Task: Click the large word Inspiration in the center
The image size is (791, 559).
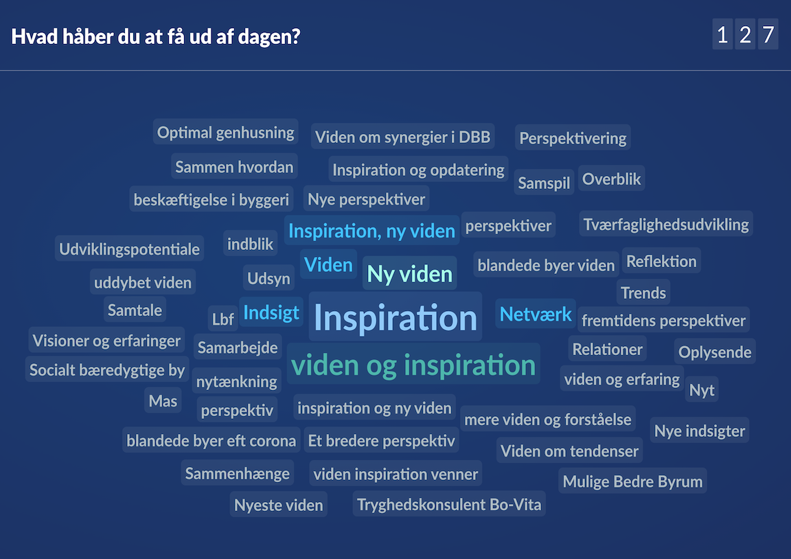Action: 395,317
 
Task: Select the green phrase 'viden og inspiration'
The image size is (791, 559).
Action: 413,365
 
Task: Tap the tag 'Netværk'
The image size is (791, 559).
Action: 536,314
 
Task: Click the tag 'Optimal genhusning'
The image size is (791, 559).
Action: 225,132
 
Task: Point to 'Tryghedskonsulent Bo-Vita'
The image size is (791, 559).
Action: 449,505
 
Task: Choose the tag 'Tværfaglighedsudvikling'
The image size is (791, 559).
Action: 666,224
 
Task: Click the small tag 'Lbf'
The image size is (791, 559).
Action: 223,319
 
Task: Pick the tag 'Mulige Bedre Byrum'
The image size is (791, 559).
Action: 632,481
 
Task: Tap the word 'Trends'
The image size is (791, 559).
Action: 643,293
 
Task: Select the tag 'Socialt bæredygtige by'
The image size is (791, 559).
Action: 107,370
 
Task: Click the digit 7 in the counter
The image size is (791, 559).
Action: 768,34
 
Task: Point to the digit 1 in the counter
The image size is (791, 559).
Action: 722,34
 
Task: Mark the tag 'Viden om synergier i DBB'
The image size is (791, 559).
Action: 402,137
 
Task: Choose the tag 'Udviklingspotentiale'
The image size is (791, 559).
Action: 129,249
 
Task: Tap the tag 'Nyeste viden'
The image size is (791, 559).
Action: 278,505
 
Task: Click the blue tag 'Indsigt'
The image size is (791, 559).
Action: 271,312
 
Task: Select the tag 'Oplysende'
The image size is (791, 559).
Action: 715,352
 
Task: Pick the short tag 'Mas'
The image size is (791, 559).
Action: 163,400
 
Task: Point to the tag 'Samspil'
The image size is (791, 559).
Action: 544,183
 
